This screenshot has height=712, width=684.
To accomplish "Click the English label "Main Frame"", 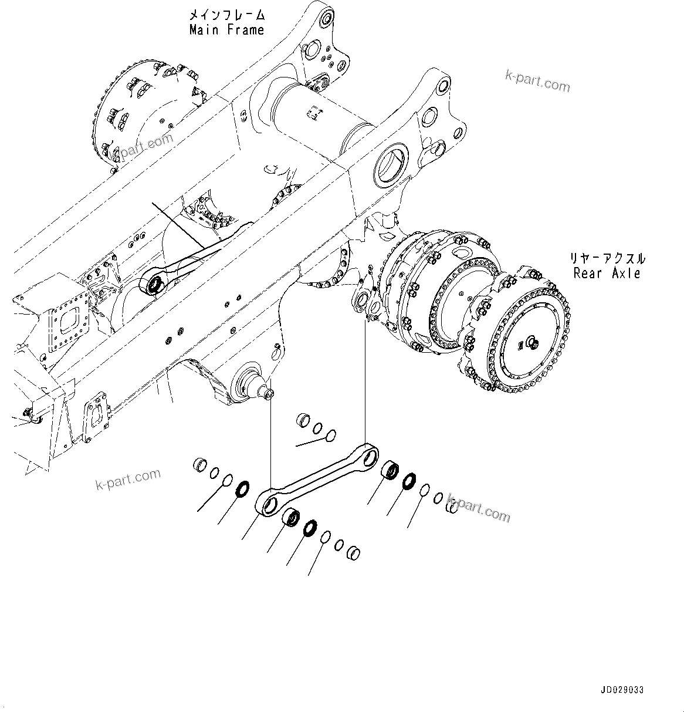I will [x=226, y=30].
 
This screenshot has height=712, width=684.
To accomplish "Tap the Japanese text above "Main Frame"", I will [x=226, y=15].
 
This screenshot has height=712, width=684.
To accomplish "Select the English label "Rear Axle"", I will [x=607, y=273].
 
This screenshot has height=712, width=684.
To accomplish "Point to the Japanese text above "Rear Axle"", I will [x=607, y=258].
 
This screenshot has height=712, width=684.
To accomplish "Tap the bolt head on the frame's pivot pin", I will [x=269, y=396].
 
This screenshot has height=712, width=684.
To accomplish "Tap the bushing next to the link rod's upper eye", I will [x=390, y=470].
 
